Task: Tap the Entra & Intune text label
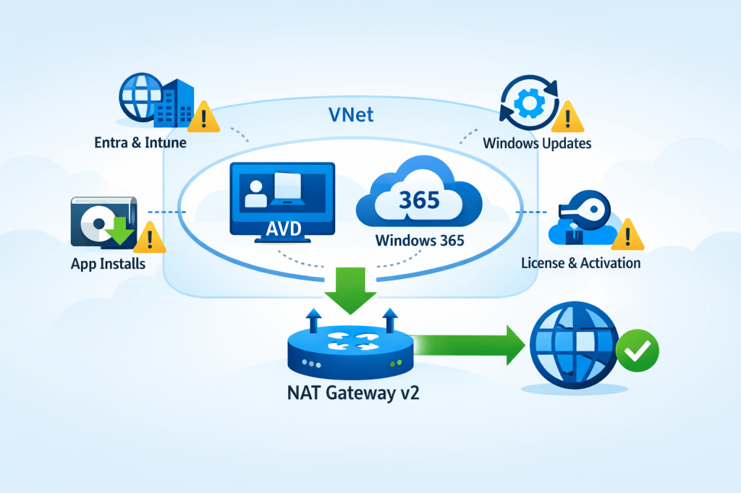coord(140,142)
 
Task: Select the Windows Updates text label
coord(537,143)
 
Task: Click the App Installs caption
coord(108,264)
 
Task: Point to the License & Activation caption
coord(580,262)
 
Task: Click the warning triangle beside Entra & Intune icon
coord(205,117)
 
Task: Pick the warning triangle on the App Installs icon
coord(150,236)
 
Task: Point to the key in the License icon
coord(578,207)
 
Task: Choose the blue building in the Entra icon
coord(174,103)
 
